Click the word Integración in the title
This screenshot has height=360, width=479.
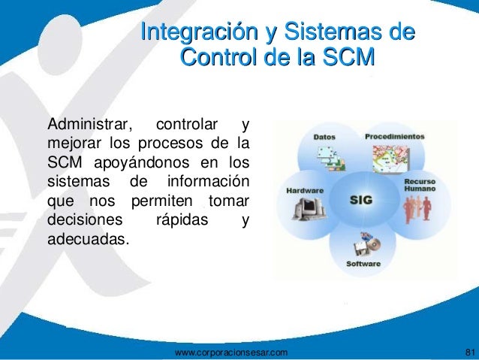click(199, 32)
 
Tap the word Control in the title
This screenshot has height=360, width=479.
click(218, 56)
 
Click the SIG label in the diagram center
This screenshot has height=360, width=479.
click(361, 200)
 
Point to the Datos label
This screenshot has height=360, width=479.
click(324, 137)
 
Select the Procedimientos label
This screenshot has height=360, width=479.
click(395, 137)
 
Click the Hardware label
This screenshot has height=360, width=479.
click(305, 191)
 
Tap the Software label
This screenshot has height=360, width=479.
click(363, 264)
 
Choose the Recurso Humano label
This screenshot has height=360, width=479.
click(420, 185)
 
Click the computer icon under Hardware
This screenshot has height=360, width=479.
click(309, 209)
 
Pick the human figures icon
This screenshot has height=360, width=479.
click(417, 208)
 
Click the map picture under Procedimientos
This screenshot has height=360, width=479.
click(391, 159)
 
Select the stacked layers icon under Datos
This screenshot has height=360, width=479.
click(331, 159)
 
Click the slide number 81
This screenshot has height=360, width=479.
click(471, 352)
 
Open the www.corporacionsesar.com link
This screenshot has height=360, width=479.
click(231, 352)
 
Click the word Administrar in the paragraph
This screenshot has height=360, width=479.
click(90, 124)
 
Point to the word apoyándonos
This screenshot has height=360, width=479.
click(142, 163)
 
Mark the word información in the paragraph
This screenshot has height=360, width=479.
click(208, 181)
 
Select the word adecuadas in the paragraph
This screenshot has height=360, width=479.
click(87, 238)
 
